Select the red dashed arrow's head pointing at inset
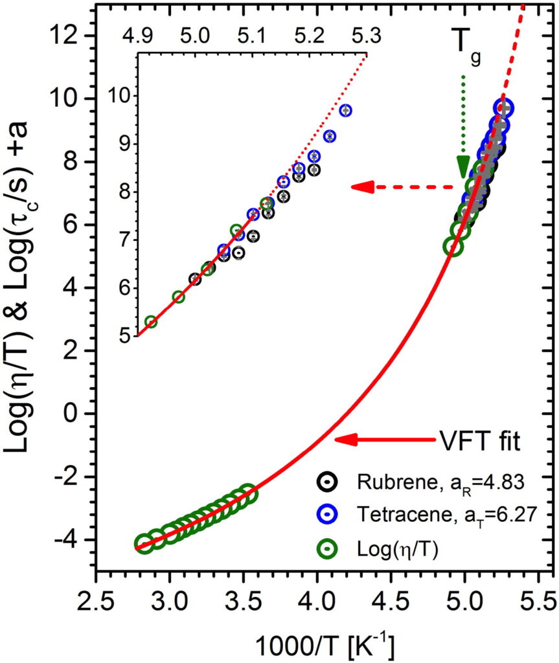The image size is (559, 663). (x=361, y=187)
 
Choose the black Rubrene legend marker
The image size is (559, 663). (x=328, y=484)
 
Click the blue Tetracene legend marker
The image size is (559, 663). (x=328, y=516)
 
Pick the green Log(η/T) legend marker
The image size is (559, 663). (x=328, y=548)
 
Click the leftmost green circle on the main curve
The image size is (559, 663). (x=144, y=543)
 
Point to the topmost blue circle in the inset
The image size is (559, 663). (x=345, y=110)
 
